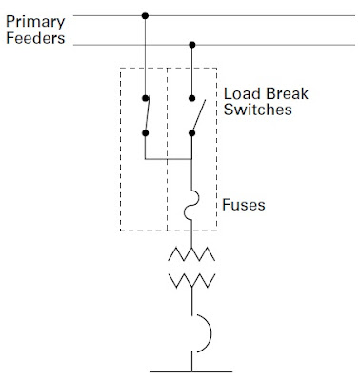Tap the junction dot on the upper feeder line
click(x=145, y=15)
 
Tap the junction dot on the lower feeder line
click(x=192, y=44)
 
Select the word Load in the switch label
click(x=239, y=95)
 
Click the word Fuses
click(x=243, y=203)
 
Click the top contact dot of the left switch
click(x=145, y=97)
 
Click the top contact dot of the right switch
click(x=192, y=97)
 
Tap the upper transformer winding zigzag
click(x=192, y=254)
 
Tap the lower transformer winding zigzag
click(x=192, y=280)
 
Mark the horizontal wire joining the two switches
click(x=169, y=158)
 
